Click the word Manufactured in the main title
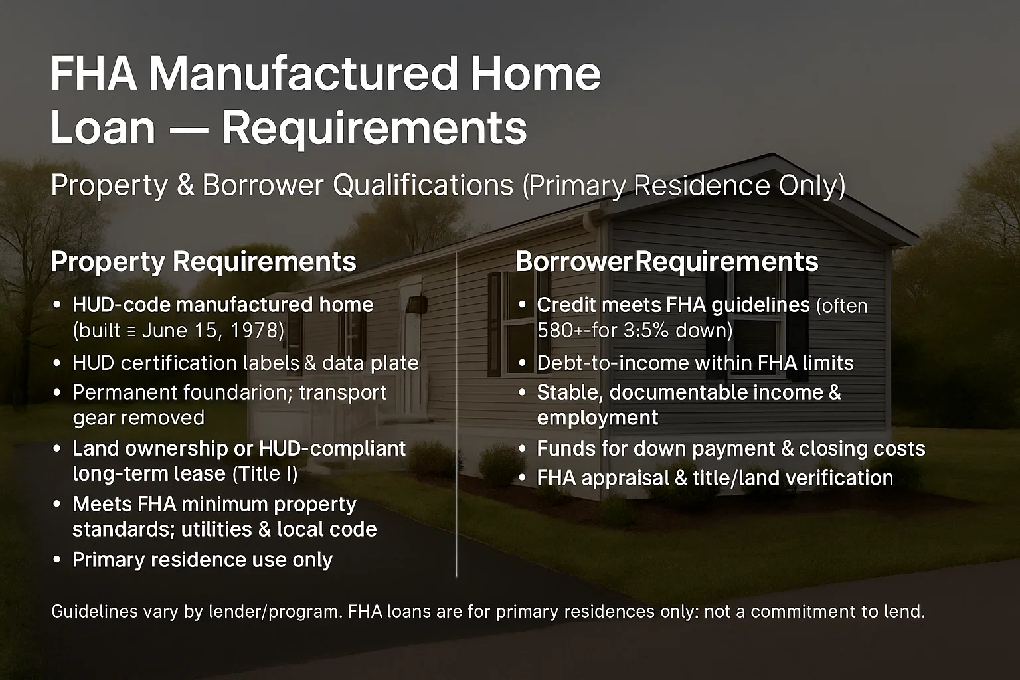pos(303,74)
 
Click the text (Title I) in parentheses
pos(265,473)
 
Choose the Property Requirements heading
pos(204,262)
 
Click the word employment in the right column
pos(598,418)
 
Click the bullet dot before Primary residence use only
pos(57,560)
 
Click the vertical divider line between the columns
pos(456,414)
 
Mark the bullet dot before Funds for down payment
pos(522,449)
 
